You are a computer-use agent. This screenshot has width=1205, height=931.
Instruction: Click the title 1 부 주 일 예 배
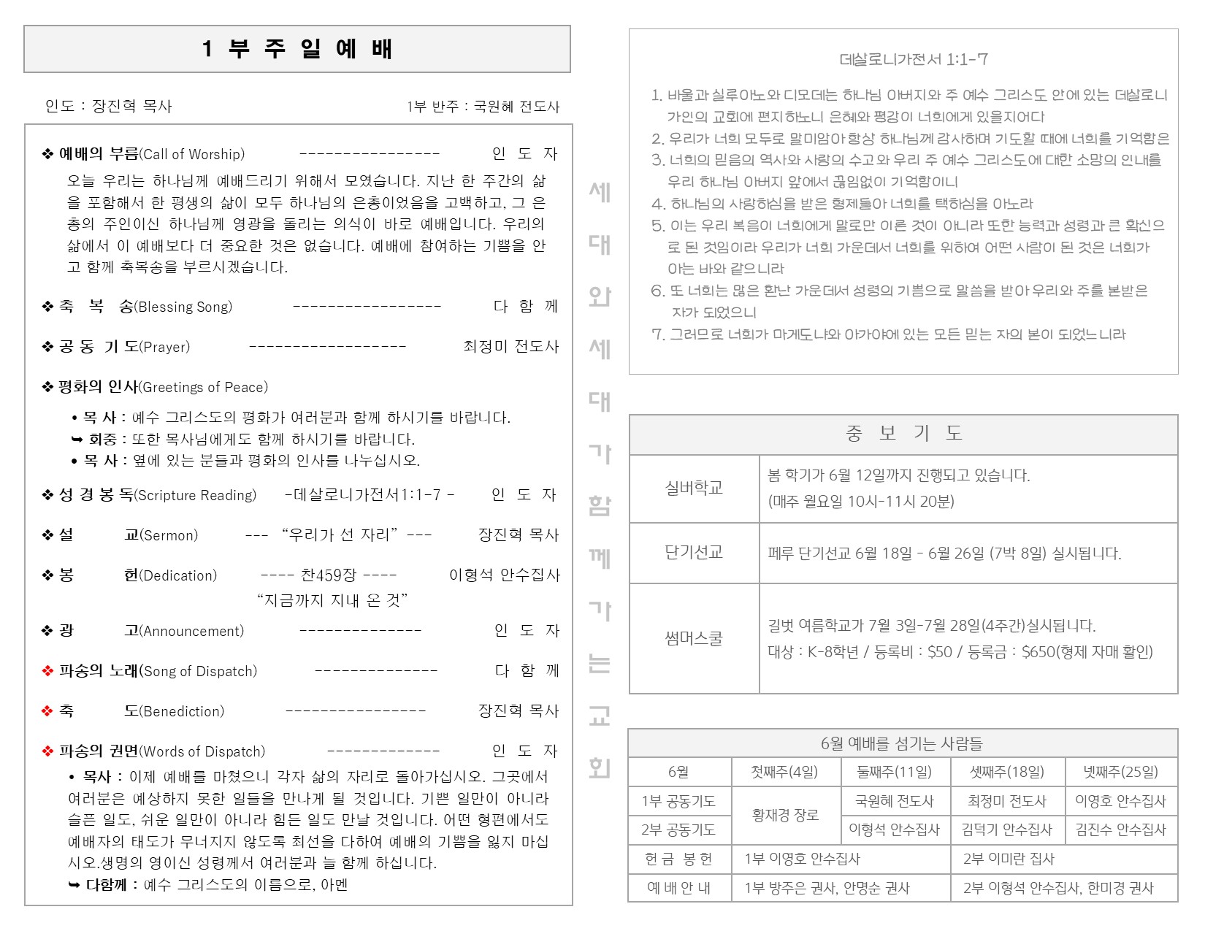pyautogui.click(x=297, y=49)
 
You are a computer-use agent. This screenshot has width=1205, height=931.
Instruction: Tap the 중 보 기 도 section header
pyautogui.click(x=903, y=434)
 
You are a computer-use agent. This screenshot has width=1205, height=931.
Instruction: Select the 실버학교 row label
pyautogui.click(x=694, y=488)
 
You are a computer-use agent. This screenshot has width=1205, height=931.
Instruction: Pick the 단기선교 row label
pyautogui.click(x=694, y=553)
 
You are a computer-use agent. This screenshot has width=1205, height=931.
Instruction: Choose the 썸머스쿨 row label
pyautogui.click(x=694, y=638)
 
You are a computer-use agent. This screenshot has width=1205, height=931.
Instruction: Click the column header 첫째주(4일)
pyautogui.click(x=785, y=772)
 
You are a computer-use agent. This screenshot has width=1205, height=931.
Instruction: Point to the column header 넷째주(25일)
pyautogui.click(x=1120, y=772)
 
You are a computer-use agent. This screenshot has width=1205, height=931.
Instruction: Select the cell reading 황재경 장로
pyautogui.click(x=786, y=815)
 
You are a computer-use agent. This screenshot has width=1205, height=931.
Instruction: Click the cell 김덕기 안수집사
pyautogui.click(x=1007, y=830)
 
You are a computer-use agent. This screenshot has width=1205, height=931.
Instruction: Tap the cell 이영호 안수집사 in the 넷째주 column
pyautogui.click(x=1120, y=801)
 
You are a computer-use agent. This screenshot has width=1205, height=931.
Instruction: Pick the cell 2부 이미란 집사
pyautogui.click(x=1009, y=859)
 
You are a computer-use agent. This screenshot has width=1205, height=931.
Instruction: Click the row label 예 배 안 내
pyautogui.click(x=678, y=888)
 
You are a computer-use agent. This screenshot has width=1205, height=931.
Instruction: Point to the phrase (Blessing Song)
pyautogui.click(x=183, y=307)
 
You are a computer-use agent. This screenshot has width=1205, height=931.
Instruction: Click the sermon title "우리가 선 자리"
pyautogui.click(x=339, y=535)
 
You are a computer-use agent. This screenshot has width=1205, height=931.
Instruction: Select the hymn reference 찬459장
pyautogui.click(x=329, y=575)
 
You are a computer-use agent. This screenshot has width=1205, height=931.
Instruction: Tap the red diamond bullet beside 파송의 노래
pyautogui.click(x=47, y=671)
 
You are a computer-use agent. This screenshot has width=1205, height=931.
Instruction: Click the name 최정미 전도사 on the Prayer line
pyautogui.click(x=511, y=346)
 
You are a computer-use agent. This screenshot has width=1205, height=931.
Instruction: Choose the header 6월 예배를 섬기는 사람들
pyautogui.click(x=902, y=743)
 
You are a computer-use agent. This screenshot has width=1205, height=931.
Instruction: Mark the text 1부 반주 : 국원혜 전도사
pyautogui.click(x=483, y=107)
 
